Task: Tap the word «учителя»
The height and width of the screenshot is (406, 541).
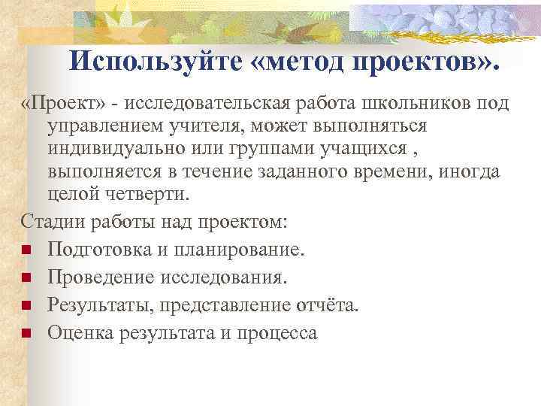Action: pyautogui.click(x=205, y=125)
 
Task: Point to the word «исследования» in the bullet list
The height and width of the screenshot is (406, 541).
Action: pyautogui.click(x=222, y=277)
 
